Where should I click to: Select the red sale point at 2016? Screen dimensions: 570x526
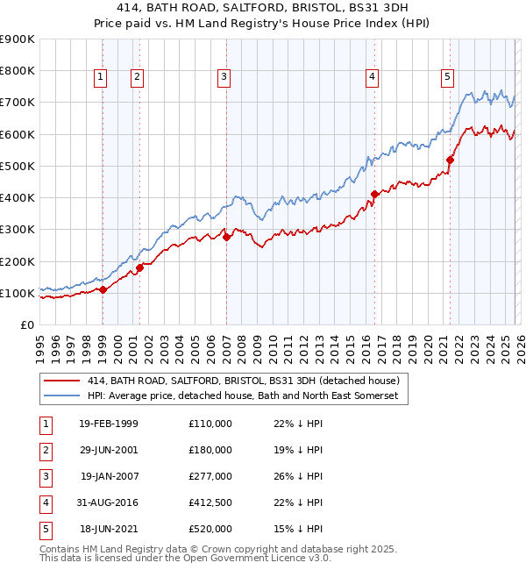click(374, 194)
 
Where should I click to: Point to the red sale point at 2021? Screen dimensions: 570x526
click(450, 160)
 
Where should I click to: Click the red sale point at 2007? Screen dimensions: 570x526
click(226, 237)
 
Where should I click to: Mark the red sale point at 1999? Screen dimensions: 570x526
click(103, 289)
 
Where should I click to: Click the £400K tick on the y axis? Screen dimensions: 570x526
click(17, 197)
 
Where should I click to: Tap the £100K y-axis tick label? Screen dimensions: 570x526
click(17, 293)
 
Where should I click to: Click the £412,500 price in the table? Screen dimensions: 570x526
click(210, 502)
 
